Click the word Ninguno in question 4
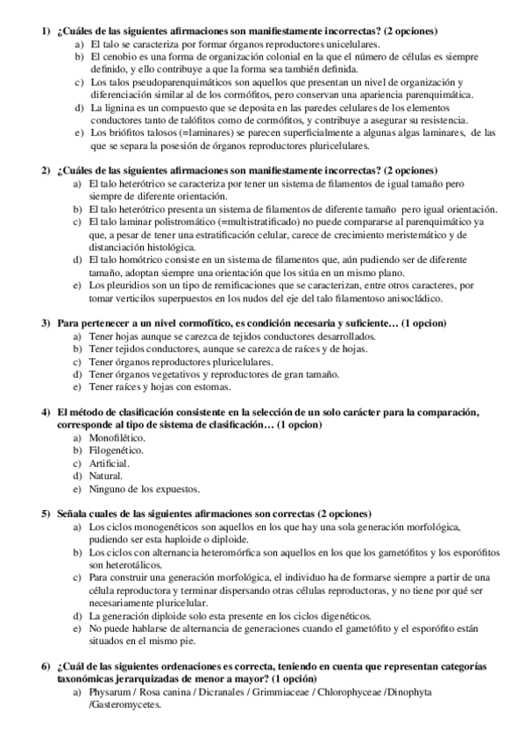(108, 488)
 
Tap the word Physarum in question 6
(110, 693)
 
